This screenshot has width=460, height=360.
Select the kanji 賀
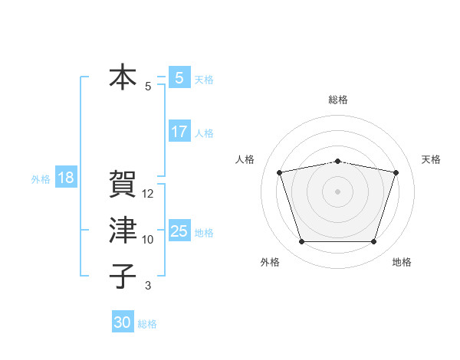pos(123,185)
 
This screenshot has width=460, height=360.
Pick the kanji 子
pos(123,276)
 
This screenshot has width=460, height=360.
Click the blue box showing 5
pos(179,77)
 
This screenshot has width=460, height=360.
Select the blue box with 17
pos(179,132)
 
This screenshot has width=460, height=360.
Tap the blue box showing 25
pos(179,231)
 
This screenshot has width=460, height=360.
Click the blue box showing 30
pos(123,322)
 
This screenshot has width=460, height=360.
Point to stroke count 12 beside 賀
pos(148,194)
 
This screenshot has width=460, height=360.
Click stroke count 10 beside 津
pos(148,240)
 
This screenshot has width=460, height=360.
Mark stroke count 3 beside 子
pos(148,286)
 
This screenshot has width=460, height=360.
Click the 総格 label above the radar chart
pos(337,100)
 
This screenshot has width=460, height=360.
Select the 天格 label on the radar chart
pos(432,159)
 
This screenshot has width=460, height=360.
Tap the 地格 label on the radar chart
pos(402,263)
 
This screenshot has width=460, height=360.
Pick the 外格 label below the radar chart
pos(270,263)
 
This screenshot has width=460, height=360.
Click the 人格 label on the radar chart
pos(245,159)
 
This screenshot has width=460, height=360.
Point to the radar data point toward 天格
pos(396,172)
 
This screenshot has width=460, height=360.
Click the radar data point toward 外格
pos(301,242)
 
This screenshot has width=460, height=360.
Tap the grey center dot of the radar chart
pos(337,191)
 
